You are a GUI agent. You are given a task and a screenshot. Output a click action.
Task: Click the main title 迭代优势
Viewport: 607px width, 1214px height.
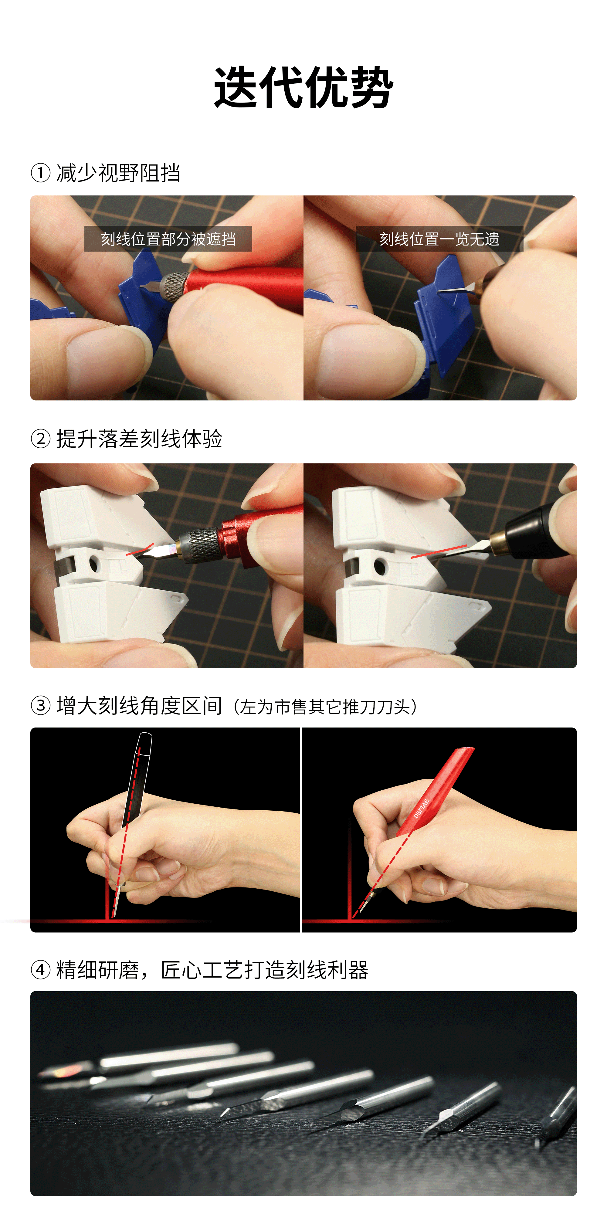pos(303,88)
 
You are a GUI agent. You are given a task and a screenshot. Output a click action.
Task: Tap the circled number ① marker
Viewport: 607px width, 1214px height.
pos(41,173)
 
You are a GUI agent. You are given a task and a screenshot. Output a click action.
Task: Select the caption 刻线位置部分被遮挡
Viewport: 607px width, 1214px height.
pos(168,239)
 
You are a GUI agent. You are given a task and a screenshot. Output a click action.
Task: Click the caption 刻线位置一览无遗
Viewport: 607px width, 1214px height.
pos(439,239)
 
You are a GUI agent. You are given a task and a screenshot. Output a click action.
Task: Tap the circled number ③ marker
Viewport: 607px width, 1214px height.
pos(41,706)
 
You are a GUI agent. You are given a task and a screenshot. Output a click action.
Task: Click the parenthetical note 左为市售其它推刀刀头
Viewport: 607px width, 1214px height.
pos(325,707)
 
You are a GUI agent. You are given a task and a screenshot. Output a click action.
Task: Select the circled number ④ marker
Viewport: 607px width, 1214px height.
pos(41,970)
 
